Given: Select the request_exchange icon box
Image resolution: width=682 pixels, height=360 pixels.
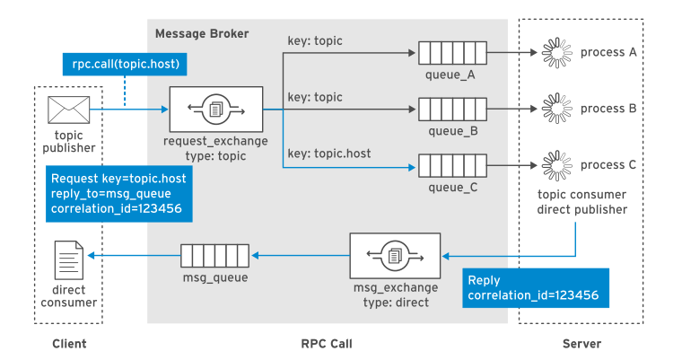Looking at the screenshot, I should pos(216,110).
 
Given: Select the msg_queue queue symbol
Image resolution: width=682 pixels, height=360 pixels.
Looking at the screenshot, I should pos(215,255).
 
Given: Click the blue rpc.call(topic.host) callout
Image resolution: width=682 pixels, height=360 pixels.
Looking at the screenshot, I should pos(126,64).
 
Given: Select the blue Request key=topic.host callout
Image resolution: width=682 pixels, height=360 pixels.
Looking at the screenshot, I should pos(118,194).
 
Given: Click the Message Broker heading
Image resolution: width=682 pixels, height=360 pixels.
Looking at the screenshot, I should pos(202,34).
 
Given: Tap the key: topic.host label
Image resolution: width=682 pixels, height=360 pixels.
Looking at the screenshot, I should pos(328,153).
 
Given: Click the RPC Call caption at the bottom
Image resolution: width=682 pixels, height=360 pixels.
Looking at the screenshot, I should pos(327,344).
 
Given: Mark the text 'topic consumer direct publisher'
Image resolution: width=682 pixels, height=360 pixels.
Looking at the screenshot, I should pos(581,202).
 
